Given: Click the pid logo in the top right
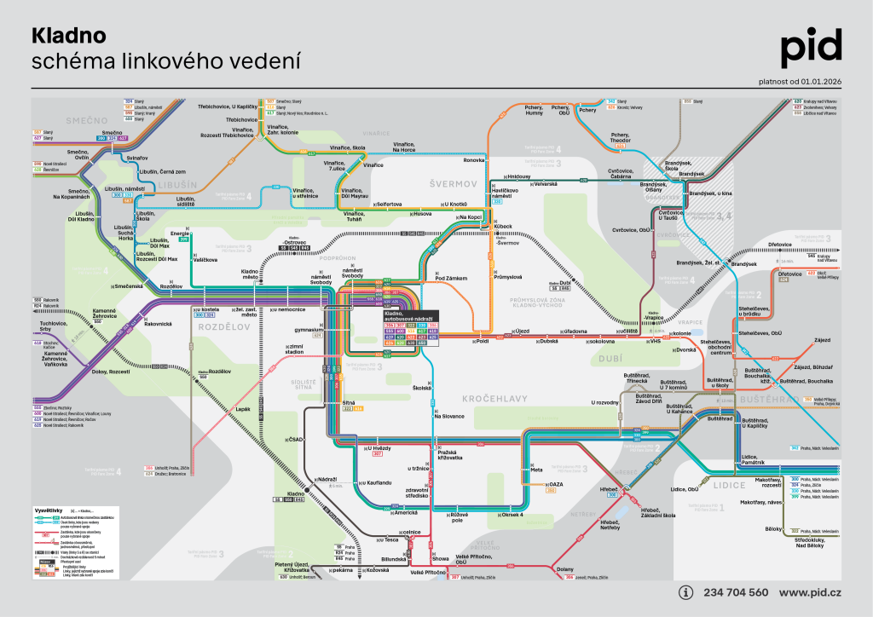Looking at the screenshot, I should coord(811,48).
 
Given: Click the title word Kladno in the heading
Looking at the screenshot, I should coord(68,36).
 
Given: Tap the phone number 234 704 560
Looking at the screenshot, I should coord(735,592).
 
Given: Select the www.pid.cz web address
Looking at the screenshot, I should coord(811,592).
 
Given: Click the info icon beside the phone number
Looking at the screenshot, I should coord(686,592).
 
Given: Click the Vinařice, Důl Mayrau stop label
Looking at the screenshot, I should coord(355,193).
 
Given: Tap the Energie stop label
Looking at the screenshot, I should coord(180,234).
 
